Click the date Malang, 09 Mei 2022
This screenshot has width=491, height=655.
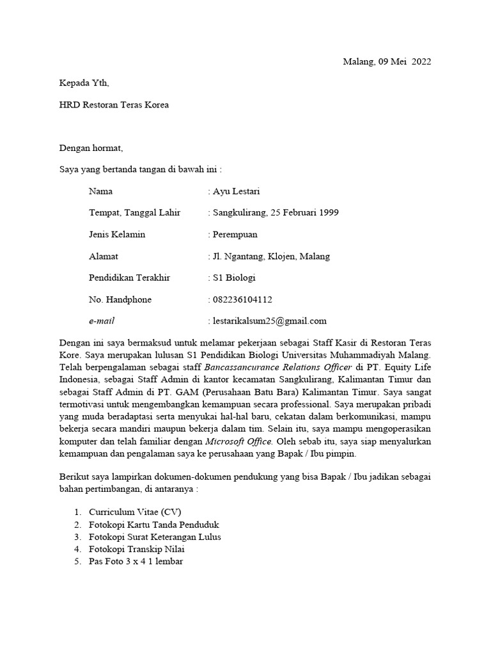coord(387,62)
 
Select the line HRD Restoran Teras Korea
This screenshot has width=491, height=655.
coord(114,104)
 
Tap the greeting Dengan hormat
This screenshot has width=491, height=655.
coord(91,148)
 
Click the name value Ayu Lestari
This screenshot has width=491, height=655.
coord(236,191)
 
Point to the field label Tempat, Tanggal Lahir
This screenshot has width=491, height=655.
coord(134,213)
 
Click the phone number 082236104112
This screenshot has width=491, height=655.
coord(242,299)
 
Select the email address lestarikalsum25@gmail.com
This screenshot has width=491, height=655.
coord(270,321)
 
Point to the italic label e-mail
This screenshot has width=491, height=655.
coord(102,321)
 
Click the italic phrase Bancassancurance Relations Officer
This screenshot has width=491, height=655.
coord(278,367)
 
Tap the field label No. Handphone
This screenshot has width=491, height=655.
coord(120,299)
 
